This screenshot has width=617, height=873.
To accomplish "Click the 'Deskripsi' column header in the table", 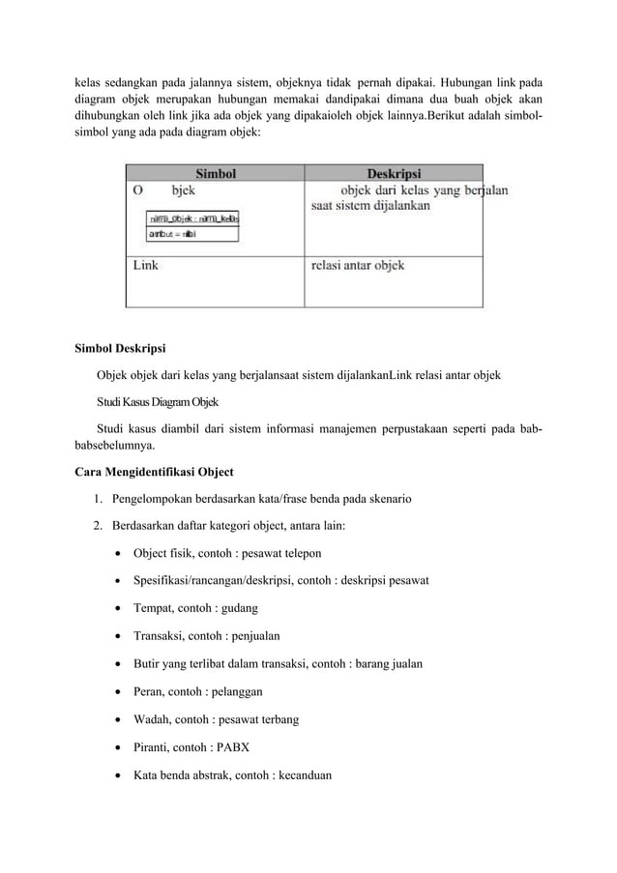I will (394, 173).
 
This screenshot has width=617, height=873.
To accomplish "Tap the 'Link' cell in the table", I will (146, 264).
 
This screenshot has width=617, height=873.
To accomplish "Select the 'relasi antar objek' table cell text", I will (358, 264).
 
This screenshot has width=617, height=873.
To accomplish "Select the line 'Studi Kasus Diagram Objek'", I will (158, 401).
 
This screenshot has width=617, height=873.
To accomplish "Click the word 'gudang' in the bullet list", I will (239, 608).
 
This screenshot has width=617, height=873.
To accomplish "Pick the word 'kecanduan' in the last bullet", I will (302, 773).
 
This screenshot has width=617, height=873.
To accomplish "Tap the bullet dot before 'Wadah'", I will (117, 719).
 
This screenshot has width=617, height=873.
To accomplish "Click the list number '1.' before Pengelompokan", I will (100, 500).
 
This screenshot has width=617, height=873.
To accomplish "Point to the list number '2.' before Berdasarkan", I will (100, 526).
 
